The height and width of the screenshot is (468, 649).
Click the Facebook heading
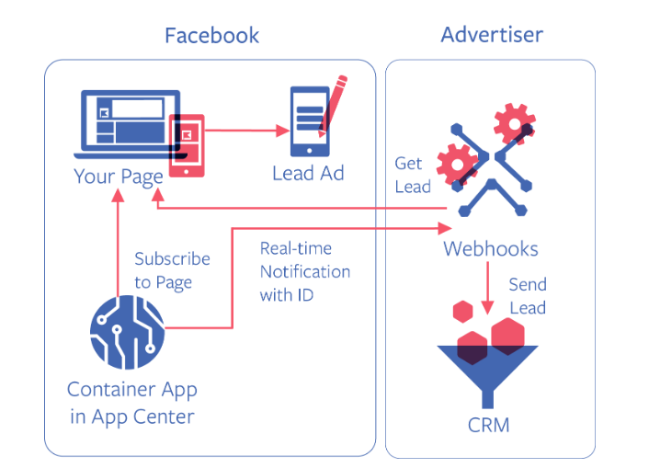point(211,36)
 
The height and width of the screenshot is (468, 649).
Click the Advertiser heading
point(492,35)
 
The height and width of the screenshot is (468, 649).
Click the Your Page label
point(119,175)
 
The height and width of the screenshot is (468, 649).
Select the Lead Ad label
point(308,173)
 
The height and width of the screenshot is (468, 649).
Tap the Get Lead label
point(412,175)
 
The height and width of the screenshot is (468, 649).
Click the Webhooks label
point(491,248)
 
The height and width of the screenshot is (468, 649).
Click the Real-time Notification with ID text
point(304,271)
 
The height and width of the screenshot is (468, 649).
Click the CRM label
point(487,425)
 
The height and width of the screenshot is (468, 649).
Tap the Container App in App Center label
point(131,403)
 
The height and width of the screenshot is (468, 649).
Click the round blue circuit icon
point(128,331)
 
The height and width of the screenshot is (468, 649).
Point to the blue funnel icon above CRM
point(487,368)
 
